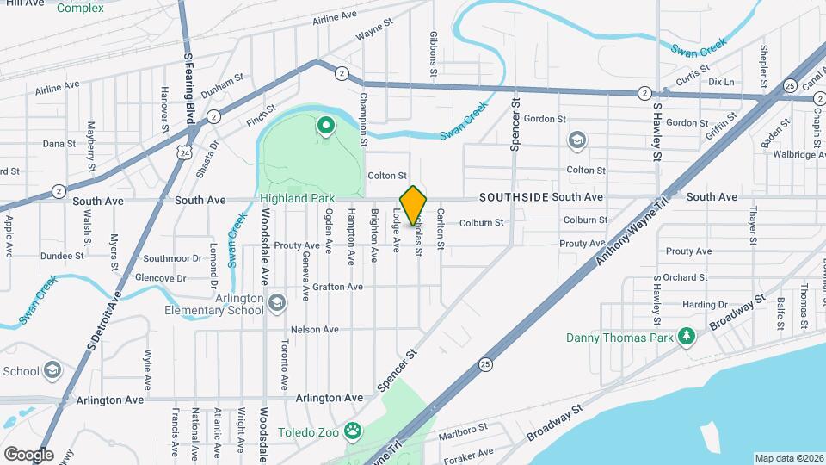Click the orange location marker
413,206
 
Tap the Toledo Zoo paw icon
353,430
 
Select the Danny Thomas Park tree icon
686,337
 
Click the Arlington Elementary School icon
277,302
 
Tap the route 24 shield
182,151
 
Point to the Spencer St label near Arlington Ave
398,369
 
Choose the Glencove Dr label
161,278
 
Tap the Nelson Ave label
315,330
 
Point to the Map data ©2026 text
788,458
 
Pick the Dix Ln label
721,82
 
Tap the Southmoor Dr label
171,258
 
